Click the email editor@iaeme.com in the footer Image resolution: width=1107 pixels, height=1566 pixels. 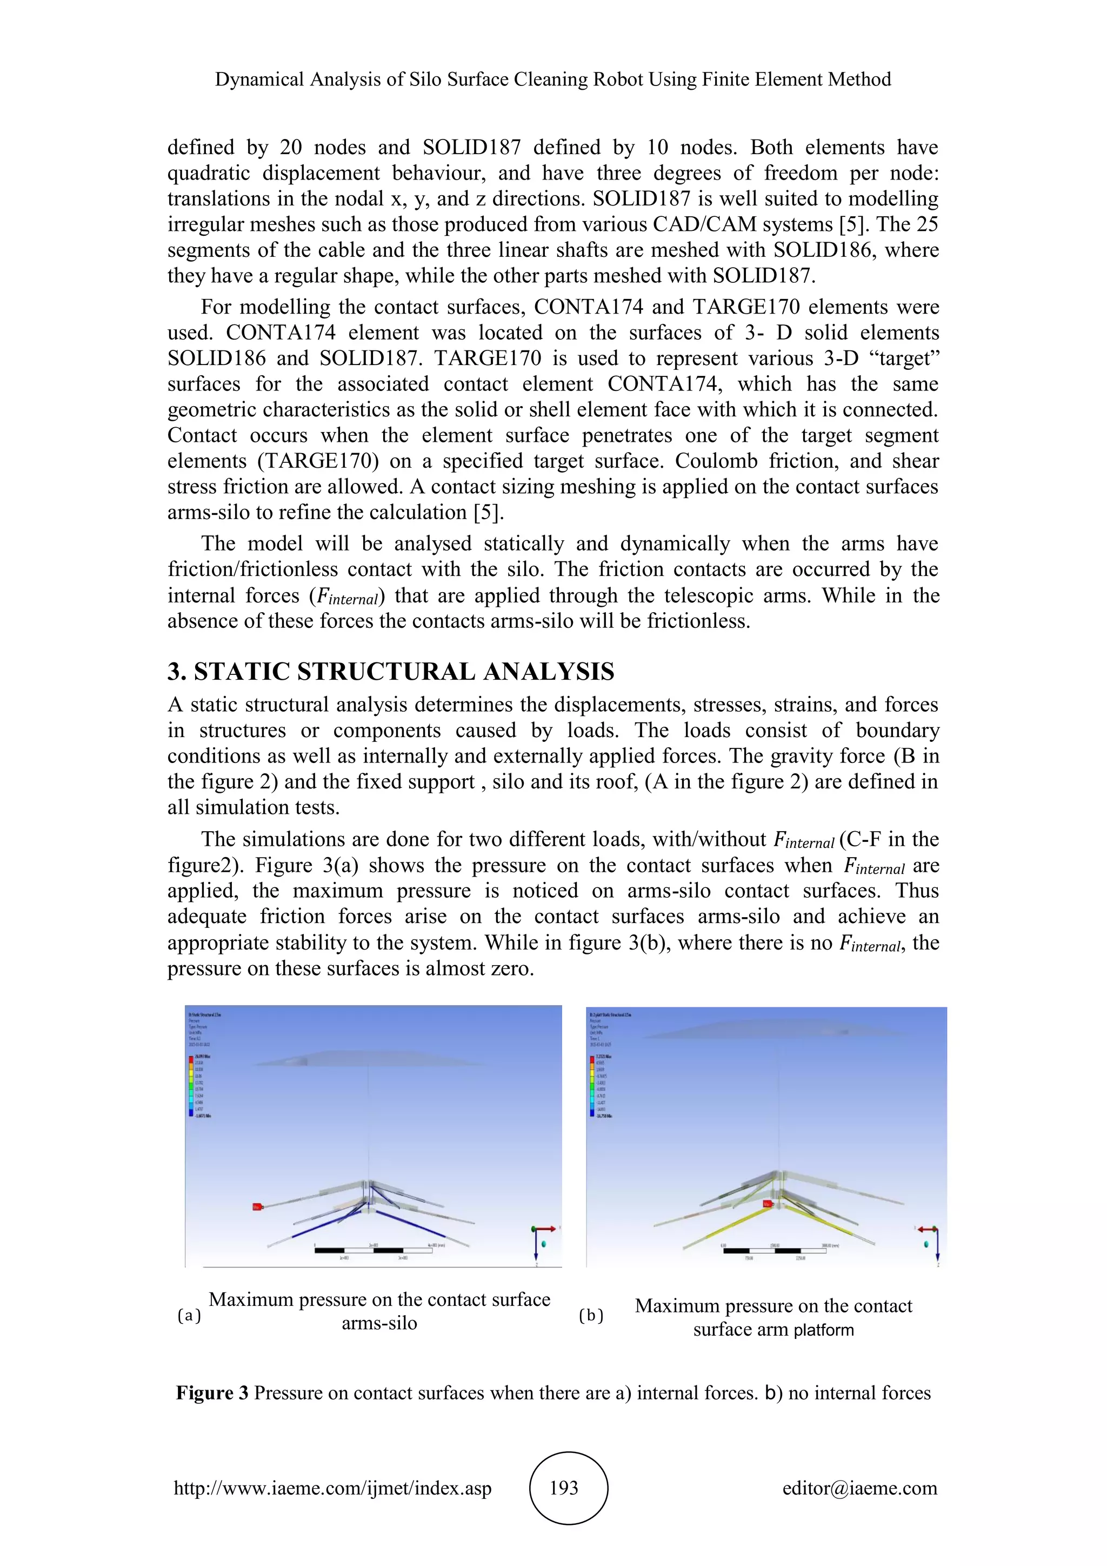tap(859, 1488)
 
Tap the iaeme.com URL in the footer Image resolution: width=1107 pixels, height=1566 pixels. tap(332, 1488)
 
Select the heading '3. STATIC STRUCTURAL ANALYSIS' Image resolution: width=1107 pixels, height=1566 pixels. tap(391, 672)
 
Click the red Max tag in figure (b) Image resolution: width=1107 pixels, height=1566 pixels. tap(767, 1204)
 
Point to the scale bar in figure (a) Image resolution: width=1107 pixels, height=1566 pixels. tap(374, 1250)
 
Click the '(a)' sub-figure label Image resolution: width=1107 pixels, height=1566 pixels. tap(189, 1316)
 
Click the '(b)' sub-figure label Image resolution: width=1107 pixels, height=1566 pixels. tap(591, 1316)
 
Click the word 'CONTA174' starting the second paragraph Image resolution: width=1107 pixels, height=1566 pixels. tap(588, 307)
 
